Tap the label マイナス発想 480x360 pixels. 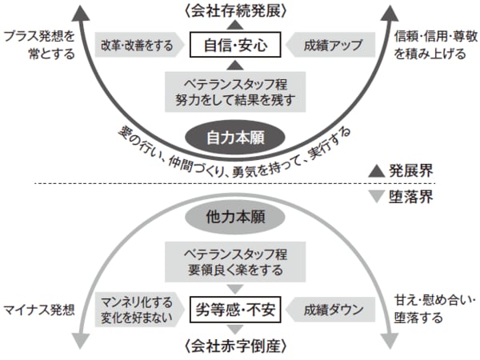(x=38, y=306)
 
